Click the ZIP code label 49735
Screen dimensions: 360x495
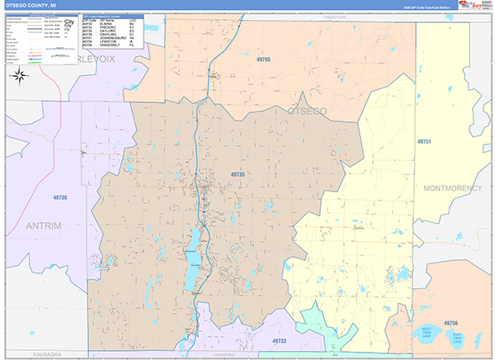tap(238, 174)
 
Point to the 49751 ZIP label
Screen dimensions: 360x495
tap(424, 143)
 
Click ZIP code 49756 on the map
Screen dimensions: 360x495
tap(450, 322)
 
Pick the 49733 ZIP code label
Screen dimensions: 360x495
tap(280, 340)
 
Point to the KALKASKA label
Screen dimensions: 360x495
tap(47, 353)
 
